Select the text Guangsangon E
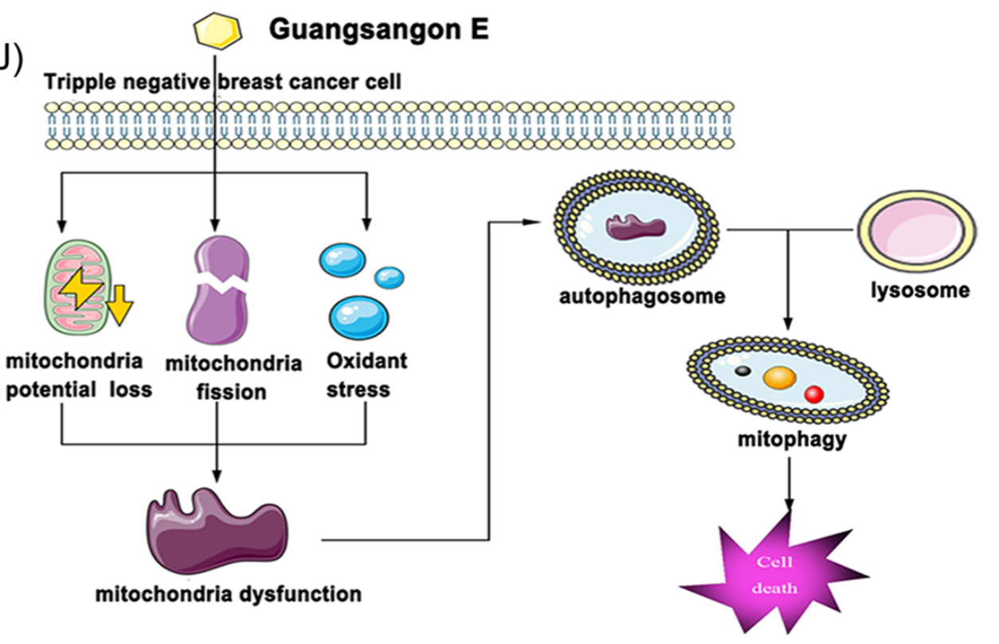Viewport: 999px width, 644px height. [x=378, y=29]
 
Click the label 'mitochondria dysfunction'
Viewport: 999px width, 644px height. [x=228, y=594]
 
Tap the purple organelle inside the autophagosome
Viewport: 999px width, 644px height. [x=635, y=226]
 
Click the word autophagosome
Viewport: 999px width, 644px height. [x=642, y=296]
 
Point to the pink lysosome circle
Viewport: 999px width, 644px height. [x=915, y=231]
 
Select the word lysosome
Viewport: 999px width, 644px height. [x=920, y=289]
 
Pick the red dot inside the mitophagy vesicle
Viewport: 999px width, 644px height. [x=813, y=393]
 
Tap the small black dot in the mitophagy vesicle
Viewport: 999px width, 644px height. [x=742, y=371]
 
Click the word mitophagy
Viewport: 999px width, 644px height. [x=791, y=439]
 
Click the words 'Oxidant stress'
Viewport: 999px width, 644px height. [x=366, y=375]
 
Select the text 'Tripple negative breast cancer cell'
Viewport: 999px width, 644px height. [x=222, y=81]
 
